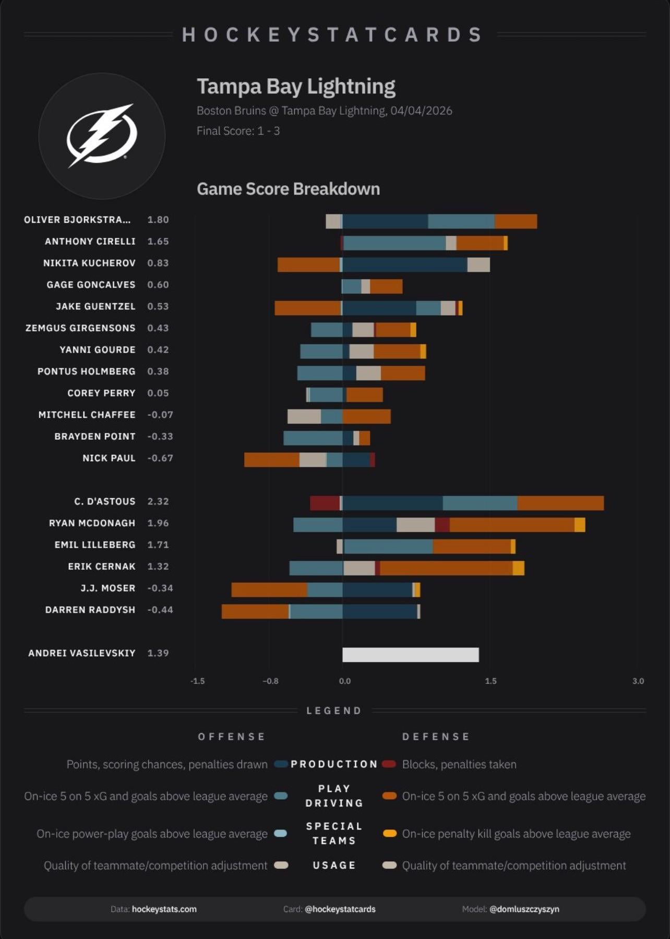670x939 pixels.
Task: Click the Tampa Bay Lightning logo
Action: pos(102,136)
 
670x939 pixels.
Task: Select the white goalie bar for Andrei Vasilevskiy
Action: pos(410,655)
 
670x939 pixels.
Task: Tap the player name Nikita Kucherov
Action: pos(89,263)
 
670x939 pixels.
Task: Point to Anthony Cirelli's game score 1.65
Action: pos(158,242)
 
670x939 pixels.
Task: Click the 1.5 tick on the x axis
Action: pos(490,681)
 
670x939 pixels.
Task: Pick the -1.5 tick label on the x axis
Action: pos(197,681)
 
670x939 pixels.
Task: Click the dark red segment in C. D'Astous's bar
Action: pos(325,503)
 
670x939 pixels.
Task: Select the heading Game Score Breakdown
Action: pos(288,189)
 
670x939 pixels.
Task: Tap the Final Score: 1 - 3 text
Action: pos(238,131)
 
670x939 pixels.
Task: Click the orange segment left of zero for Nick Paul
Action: pos(271,460)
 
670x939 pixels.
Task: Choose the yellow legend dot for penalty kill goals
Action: pos(389,834)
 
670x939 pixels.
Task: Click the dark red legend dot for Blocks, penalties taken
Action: pos(389,764)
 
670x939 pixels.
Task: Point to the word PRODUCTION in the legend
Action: pos(334,764)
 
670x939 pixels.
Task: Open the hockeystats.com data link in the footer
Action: pos(164,909)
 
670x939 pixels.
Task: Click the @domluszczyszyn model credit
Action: pos(524,909)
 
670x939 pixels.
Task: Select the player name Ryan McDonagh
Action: pos(92,523)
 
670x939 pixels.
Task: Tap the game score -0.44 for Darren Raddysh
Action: pos(160,610)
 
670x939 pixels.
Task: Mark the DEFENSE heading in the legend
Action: pos(436,737)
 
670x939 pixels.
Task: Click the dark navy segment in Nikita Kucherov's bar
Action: pos(404,265)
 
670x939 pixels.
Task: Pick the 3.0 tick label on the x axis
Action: pos(638,681)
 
